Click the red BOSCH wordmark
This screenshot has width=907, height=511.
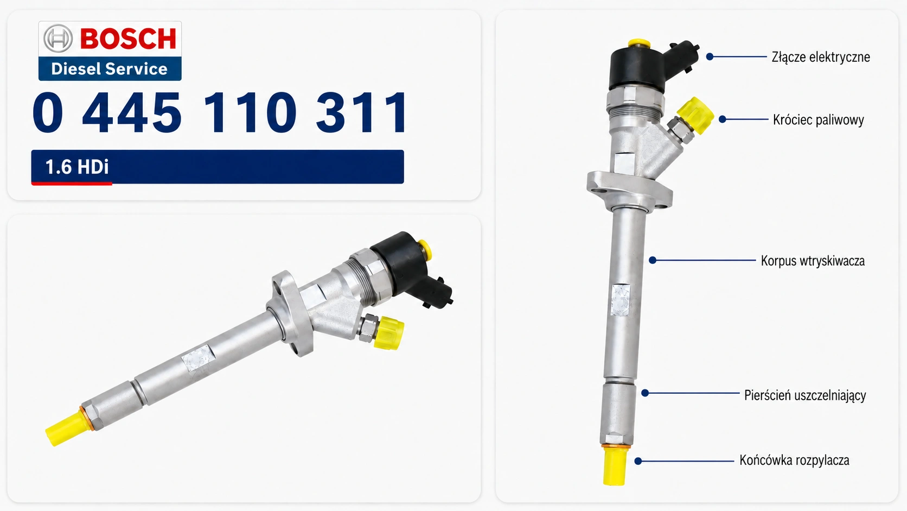(128, 39)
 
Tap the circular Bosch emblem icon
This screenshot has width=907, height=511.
(58, 38)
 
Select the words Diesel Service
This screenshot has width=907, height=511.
(110, 69)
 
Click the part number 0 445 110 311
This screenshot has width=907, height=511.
(219, 112)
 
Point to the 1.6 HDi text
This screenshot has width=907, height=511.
(77, 167)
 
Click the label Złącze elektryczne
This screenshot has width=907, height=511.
(821, 57)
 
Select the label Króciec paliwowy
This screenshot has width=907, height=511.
(819, 120)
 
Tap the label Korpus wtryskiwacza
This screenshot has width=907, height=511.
(813, 261)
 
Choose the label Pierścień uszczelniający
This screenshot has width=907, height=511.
(805, 395)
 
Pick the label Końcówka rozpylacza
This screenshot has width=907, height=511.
(794, 460)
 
